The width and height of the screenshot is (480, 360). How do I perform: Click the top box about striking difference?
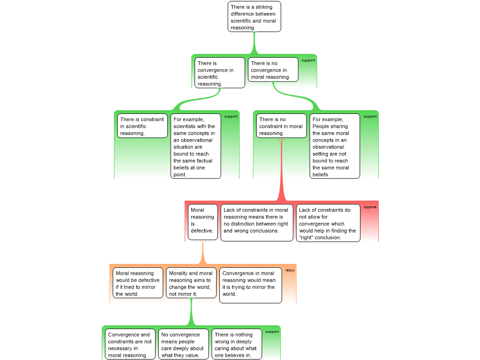coord(255,17)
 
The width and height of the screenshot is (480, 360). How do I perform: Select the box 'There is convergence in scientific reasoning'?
coord(220,73)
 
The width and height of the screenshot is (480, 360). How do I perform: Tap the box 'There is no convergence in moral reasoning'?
coord(273,69)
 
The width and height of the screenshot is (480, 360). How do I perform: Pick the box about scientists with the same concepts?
coord(195,146)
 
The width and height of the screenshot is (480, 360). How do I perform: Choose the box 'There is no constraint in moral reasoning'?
coord(281,126)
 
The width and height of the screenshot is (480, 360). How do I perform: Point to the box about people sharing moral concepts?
coord(334,146)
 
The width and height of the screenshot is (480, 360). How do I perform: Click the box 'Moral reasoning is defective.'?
coord(202,222)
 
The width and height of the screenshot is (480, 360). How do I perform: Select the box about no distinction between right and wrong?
coord(256,222)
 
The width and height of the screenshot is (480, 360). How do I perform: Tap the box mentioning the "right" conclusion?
coord(328,223)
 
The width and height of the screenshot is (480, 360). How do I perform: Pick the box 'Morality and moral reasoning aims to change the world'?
coord(191,283)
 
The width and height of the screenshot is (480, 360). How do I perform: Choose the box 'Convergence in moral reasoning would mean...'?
coord(250,285)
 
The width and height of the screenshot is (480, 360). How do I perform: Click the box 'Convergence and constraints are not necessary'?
coord(130,345)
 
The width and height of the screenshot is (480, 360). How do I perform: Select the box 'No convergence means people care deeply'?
coord(183,345)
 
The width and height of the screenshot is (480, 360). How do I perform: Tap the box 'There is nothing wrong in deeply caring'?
coord(236,345)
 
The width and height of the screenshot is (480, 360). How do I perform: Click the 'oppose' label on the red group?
coord(370,207)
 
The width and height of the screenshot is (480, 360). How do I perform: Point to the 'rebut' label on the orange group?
coord(290,270)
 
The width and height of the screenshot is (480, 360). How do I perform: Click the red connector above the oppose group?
coord(282,173)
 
